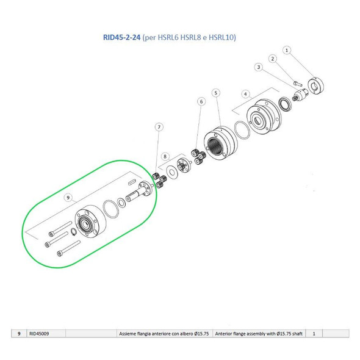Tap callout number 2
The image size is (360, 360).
click(x=274, y=59)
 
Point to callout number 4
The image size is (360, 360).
click(x=246, y=94)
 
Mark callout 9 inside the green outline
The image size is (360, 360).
click(x=68, y=197)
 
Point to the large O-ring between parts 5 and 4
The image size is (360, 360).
click(x=241, y=131)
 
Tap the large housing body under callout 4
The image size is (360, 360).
click(x=262, y=118)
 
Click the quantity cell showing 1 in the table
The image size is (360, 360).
click(x=314, y=334)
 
